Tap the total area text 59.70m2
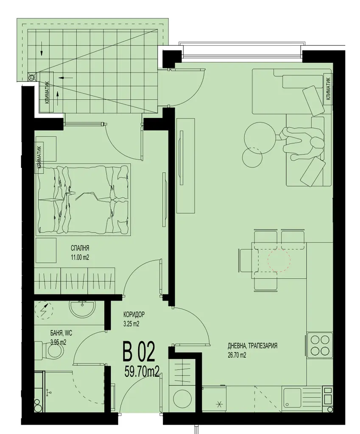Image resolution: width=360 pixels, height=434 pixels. (142, 371)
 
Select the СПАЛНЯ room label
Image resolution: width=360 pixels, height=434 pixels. (80, 248)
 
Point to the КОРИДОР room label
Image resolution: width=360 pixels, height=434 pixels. (134, 315)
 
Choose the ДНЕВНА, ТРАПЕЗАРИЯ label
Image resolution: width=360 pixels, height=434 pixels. (252, 346)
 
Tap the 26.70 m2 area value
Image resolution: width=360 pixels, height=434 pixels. (237, 355)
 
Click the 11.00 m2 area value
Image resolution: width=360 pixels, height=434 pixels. (80, 257)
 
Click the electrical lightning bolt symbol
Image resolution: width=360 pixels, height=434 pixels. (44, 311)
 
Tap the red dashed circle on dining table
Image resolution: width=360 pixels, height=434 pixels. (279, 260)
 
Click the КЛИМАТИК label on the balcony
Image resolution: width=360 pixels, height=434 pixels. (47, 93)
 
